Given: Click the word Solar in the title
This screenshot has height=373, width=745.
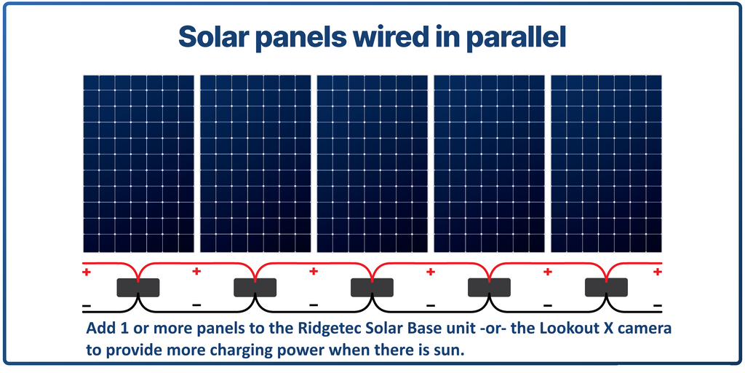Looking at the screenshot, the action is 212,37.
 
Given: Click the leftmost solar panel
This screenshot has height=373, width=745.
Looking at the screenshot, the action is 138,164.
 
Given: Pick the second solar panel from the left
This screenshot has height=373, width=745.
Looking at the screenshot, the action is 255,164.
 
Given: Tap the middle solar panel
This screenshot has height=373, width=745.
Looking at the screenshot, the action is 372,164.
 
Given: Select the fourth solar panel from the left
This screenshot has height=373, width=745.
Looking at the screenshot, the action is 490,164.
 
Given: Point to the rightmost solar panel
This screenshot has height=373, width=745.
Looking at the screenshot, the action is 606,164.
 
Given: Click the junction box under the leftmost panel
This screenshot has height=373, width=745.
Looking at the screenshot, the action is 138,287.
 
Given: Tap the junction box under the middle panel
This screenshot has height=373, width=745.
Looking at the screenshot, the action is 372,287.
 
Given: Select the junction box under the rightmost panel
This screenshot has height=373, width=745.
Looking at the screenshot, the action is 606,287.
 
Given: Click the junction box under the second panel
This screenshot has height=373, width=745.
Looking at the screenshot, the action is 255,287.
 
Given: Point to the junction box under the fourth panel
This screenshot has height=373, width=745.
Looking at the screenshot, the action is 490,287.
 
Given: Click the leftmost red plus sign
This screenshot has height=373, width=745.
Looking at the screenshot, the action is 87,272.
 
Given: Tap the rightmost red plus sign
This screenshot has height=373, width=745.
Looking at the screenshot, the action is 658,272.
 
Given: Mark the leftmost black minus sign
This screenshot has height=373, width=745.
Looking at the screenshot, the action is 87,305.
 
